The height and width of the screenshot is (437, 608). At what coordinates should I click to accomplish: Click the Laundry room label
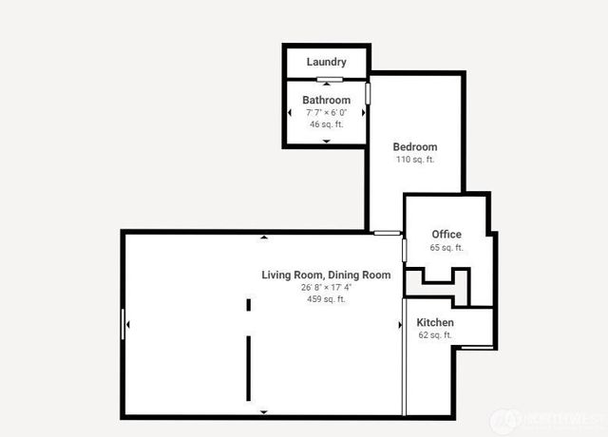[326, 63]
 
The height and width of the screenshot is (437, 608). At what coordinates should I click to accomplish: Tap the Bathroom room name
[326, 100]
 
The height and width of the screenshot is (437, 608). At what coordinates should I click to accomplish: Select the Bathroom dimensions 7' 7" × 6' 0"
[326, 112]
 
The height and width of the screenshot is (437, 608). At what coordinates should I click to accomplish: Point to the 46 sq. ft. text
[326, 124]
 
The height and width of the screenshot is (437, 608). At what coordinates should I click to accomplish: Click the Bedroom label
[415, 147]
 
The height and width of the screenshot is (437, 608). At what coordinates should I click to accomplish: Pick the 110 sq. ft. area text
[415, 160]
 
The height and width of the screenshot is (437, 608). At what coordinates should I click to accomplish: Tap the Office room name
[446, 235]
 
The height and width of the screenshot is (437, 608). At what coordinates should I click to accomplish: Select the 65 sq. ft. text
[446, 248]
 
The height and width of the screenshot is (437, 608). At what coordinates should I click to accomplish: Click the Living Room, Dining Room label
[326, 275]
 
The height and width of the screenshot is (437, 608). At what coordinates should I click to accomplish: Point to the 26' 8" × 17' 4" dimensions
[326, 287]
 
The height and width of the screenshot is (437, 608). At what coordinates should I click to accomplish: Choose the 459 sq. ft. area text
[326, 299]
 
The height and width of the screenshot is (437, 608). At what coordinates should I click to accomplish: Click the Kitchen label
[435, 323]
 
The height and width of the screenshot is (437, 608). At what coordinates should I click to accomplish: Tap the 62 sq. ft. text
[435, 335]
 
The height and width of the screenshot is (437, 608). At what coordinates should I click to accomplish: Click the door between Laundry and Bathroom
[329, 79]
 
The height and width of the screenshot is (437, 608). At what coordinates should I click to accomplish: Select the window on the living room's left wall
[123, 324]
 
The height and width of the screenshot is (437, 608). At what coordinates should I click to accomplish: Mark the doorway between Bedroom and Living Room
[386, 233]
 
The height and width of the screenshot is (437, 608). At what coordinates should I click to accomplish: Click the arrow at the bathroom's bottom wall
[326, 141]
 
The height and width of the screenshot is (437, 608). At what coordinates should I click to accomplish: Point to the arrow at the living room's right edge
[399, 325]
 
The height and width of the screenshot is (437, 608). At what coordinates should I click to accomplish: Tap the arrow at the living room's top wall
[263, 236]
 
